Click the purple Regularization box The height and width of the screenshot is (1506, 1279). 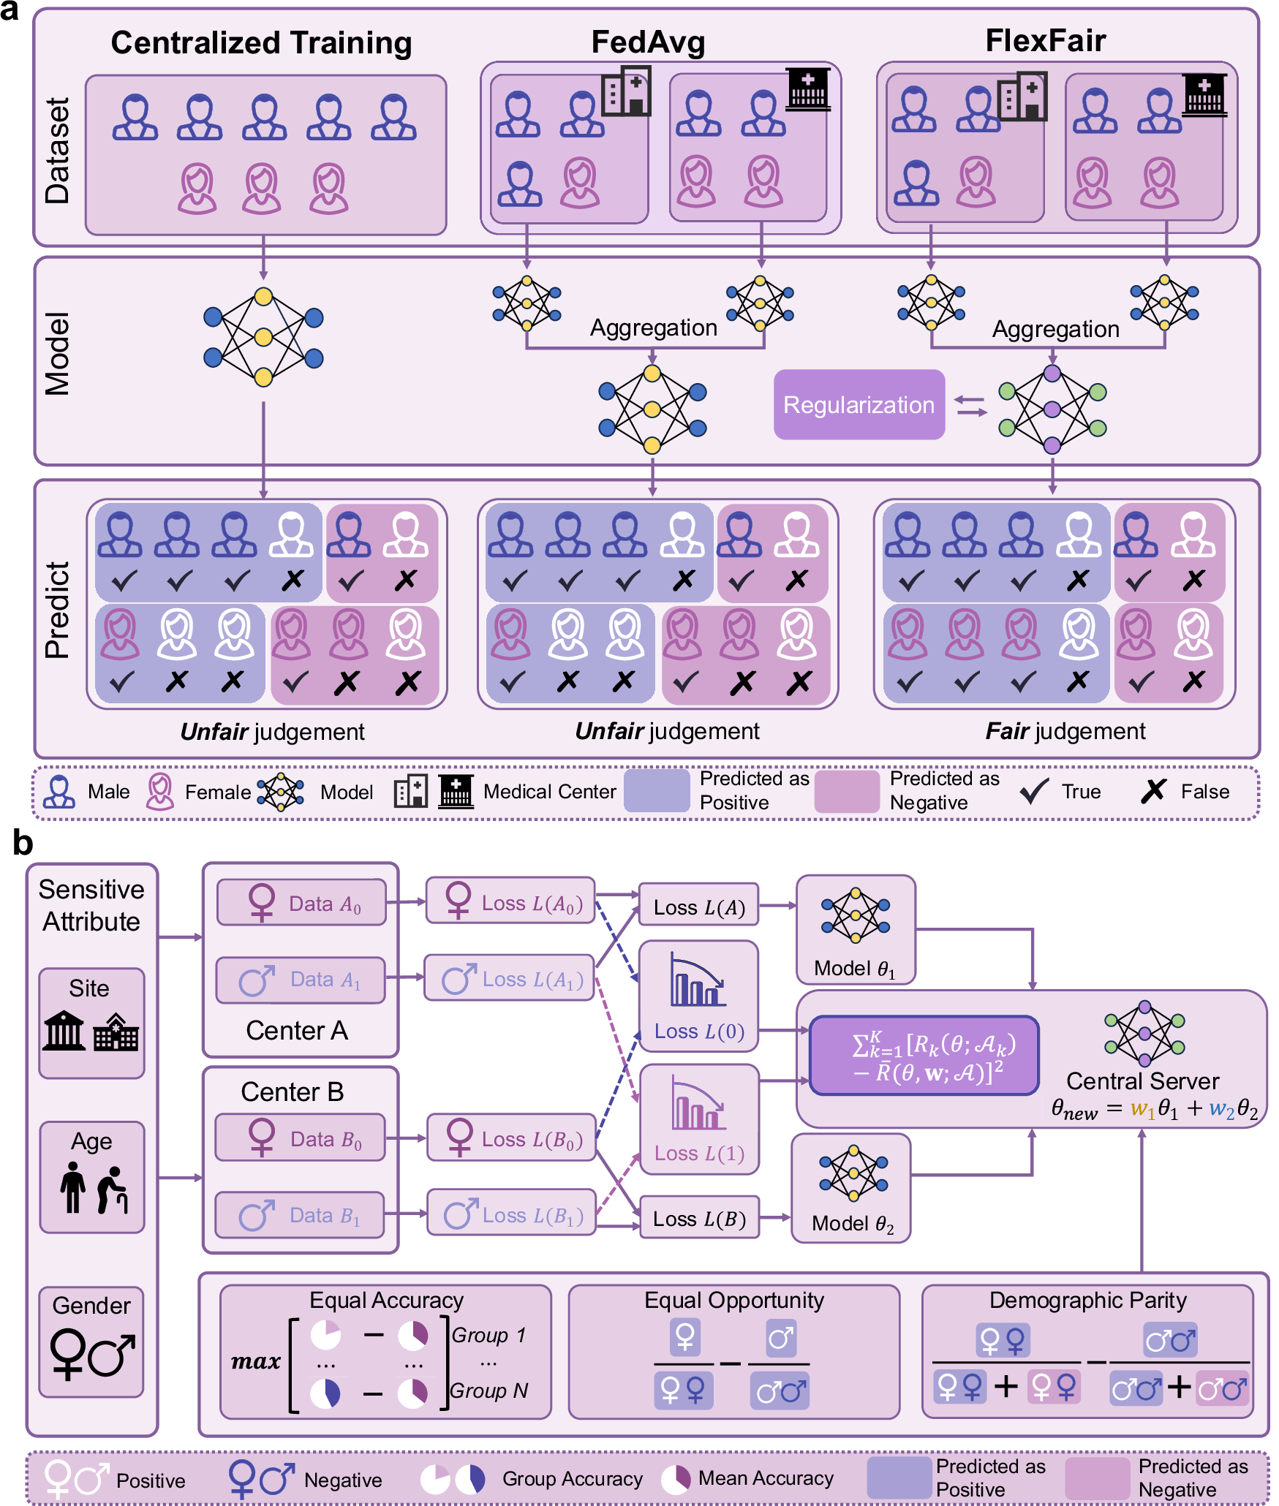point(859,404)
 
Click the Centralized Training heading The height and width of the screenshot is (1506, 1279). point(261,43)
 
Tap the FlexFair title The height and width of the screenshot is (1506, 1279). point(1045,41)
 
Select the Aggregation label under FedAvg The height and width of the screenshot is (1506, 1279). point(653,328)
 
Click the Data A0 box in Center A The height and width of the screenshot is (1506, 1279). point(301,903)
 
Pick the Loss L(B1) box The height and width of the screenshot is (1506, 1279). point(511,1215)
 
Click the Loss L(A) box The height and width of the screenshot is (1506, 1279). point(698,907)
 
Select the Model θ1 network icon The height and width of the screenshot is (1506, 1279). point(855,915)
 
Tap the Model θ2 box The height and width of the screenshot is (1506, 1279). point(851,1188)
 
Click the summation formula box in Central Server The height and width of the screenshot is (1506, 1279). point(924,1056)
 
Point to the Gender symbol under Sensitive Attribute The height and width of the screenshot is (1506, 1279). point(92,1354)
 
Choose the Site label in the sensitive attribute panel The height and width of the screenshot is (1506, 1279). point(89,988)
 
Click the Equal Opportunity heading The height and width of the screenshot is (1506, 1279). point(733,1300)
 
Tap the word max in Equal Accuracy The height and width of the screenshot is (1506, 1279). point(256,1361)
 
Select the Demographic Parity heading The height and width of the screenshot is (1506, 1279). point(1087,1300)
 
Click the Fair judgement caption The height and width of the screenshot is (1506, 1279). point(1065,731)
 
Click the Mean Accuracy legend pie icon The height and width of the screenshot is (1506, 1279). point(676,1478)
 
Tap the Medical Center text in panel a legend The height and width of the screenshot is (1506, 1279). point(549,792)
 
